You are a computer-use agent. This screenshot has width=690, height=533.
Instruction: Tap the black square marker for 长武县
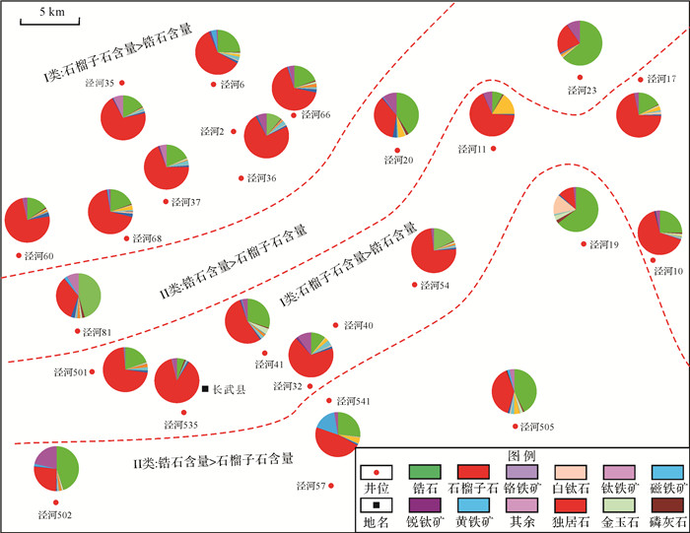coord(205,388)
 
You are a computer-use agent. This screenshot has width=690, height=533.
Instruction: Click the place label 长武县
coord(229,389)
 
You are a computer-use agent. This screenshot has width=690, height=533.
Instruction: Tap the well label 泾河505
coord(539,428)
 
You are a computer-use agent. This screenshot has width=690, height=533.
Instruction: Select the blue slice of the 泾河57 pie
coord(328,427)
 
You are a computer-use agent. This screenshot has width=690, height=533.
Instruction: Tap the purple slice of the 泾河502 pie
coord(45,457)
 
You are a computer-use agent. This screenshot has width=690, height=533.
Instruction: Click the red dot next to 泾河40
coord(336,324)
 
